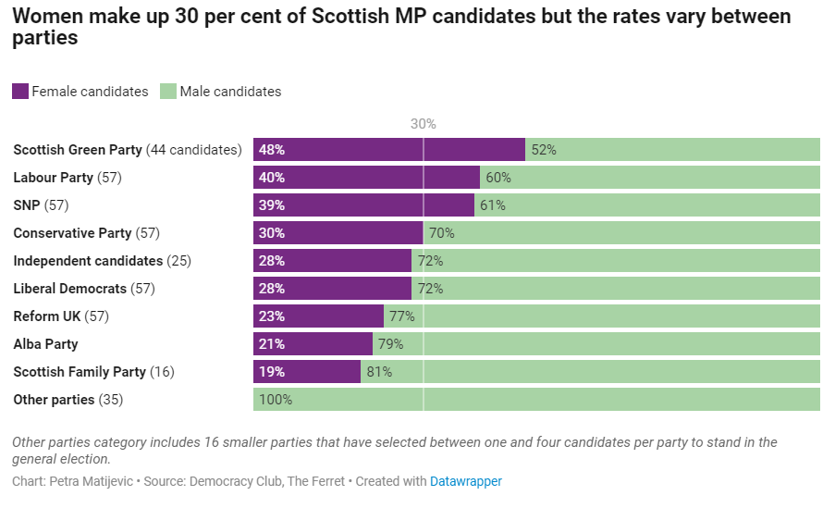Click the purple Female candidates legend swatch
click(20, 92)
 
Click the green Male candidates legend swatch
click(168, 92)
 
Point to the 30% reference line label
click(423, 124)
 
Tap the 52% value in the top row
click(544, 150)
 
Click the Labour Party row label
click(67, 178)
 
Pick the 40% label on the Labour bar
click(272, 178)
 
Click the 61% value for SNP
click(493, 205)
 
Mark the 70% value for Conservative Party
click(442, 233)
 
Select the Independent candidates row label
click(102, 261)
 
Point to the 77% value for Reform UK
click(401, 316)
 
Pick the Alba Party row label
click(45, 344)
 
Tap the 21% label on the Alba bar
click(272, 344)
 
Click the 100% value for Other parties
click(276, 400)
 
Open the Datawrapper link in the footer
click(466, 482)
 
